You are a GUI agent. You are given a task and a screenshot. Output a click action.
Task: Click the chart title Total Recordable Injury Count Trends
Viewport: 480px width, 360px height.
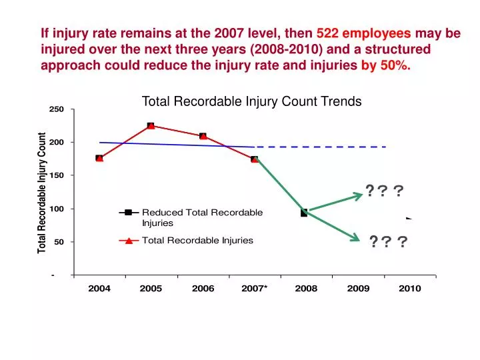(x=251, y=101)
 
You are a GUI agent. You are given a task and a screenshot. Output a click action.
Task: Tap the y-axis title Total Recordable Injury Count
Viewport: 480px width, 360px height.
(x=42, y=193)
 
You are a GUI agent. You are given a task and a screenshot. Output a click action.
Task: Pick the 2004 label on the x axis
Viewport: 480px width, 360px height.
(x=99, y=289)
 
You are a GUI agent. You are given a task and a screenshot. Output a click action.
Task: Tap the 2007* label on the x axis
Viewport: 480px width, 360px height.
(x=254, y=289)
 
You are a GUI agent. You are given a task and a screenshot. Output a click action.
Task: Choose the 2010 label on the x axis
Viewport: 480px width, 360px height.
(x=409, y=289)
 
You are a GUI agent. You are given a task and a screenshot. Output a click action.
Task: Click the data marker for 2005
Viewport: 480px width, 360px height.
(x=151, y=126)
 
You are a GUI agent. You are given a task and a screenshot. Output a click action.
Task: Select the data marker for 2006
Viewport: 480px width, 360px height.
(x=203, y=136)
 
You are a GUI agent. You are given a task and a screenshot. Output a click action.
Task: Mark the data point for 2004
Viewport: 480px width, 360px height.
(x=99, y=158)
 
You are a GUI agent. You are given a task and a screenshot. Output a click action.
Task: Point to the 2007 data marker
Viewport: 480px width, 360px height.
(x=255, y=159)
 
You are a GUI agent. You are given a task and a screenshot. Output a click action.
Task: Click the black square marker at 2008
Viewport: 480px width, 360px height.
(x=304, y=213)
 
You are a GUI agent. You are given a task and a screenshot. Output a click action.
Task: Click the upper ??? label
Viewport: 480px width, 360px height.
(x=384, y=191)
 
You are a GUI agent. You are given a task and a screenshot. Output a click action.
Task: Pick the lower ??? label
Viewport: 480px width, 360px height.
(x=389, y=241)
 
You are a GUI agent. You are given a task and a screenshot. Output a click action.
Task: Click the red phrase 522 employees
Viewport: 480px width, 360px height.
(x=363, y=33)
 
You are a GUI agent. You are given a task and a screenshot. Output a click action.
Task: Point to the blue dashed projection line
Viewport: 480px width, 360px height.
(x=320, y=147)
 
